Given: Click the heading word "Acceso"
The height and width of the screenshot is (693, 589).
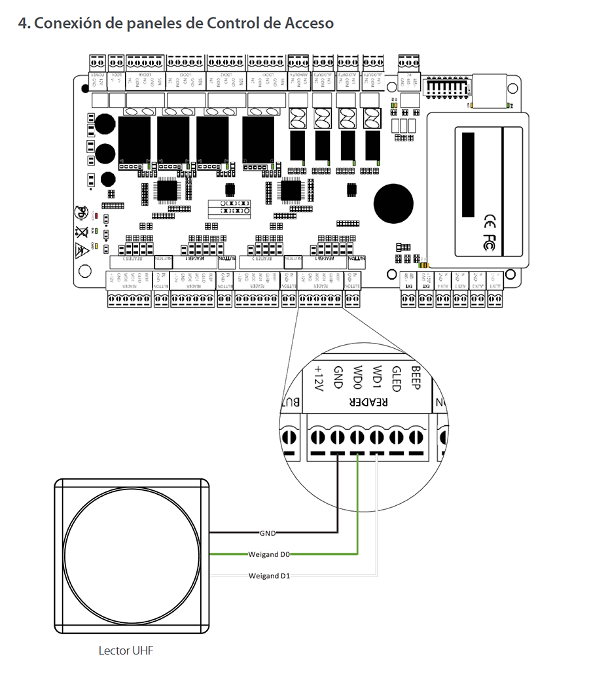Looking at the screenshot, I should coord(310,24).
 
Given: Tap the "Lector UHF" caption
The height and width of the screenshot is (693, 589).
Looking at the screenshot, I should coord(126,650).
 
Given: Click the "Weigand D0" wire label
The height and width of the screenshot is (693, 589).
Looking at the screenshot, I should coord(269,554).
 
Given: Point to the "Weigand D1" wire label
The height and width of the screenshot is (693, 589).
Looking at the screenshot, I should coord(269,576).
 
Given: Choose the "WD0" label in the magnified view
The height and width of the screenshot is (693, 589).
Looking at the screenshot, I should coord(357,376).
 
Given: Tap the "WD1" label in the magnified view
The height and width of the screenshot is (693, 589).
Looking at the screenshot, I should coord(376,376).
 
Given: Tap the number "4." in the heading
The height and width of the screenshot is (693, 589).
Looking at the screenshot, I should coord(24,24).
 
